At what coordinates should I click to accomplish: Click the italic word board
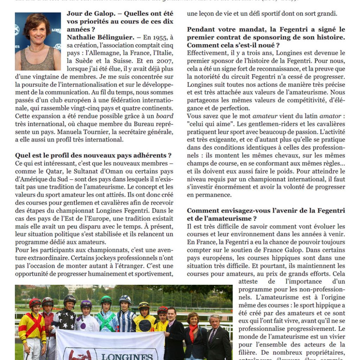click(165, 116)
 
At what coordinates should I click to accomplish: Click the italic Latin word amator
click(329, 116)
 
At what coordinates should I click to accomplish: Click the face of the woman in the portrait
click(36, 33)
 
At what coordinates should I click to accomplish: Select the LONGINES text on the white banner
click(127, 356)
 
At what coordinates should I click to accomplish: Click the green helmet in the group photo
click(106, 300)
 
